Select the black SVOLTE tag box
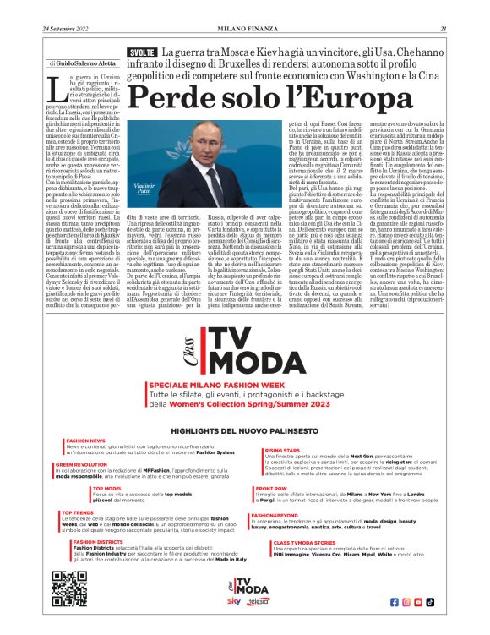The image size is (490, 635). coord(140,52)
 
